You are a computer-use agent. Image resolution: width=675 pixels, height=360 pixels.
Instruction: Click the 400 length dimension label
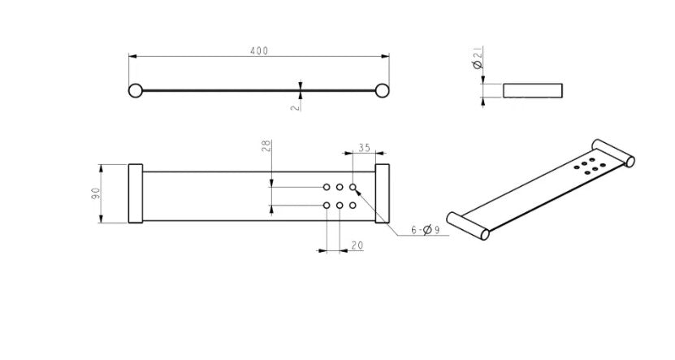(x=259, y=51)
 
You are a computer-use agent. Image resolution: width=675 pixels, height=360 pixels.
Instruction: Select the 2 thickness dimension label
(x=296, y=106)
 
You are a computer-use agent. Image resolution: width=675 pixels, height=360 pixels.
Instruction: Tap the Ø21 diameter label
(x=478, y=58)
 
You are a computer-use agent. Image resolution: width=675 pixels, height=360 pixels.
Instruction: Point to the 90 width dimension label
(x=96, y=193)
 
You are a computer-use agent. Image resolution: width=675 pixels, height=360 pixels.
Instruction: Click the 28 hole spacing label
(x=266, y=146)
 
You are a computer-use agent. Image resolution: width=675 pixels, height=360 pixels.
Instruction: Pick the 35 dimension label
(x=364, y=148)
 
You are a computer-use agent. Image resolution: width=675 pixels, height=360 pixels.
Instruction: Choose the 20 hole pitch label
(x=357, y=245)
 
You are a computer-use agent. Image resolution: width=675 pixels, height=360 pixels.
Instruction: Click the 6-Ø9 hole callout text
(x=426, y=230)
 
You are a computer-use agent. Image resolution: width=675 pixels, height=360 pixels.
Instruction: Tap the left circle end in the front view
(x=135, y=91)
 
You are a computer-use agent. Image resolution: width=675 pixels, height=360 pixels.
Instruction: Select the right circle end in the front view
(x=382, y=91)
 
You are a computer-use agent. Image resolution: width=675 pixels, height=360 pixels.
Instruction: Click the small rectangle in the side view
(x=533, y=90)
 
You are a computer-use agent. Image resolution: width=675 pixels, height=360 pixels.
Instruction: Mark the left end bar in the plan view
(x=136, y=193)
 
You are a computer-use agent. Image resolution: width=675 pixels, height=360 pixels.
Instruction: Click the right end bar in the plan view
(x=383, y=193)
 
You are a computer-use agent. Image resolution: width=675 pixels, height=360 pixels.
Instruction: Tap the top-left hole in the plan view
(x=327, y=187)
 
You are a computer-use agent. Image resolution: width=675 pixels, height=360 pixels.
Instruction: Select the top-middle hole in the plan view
(x=340, y=187)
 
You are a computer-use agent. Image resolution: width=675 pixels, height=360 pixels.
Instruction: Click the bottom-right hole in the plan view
(x=353, y=206)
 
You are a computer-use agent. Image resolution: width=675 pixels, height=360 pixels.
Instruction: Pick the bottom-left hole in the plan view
(x=327, y=206)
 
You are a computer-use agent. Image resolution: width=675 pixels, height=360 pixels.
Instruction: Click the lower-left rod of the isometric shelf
(x=469, y=226)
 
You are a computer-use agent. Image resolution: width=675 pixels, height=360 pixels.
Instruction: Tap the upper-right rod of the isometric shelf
(x=613, y=153)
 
